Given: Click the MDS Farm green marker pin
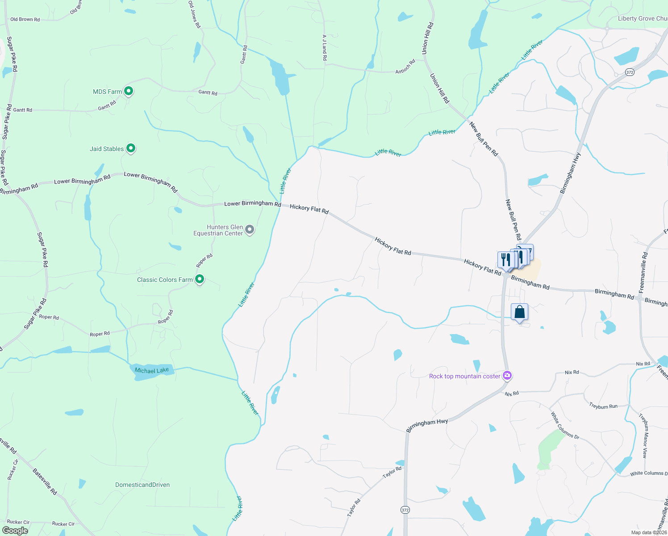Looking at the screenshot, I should pyautogui.click(x=128, y=91).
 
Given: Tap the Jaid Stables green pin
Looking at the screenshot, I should pyautogui.click(x=130, y=148).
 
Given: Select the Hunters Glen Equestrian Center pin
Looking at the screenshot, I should pyautogui.click(x=250, y=230).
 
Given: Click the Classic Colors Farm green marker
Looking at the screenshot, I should pyautogui.click(x=200, y=279).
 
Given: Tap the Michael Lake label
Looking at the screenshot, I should pyautogui.click(x=152, y=370).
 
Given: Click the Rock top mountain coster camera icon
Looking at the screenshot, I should pyautogui.click(x=507, y=375).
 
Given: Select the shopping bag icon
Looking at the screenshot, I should pyautogui.click(x=519, y=312).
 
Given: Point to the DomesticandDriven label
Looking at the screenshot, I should pyautogui.click(x=142, y=485).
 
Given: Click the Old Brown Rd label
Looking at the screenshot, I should pyautogui.click(x=25, y=20).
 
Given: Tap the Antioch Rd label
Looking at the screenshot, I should pyautogui.click(x=405, y=67).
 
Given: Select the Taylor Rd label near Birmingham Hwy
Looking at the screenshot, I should pyautogui.click(x=392, y=472).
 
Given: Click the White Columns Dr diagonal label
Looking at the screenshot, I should pyautogui.click(x=565, y=425).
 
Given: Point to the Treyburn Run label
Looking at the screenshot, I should pyautogui.click(x=603, y=406).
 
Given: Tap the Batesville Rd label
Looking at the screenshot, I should pyautogui.click(x=45, y=481).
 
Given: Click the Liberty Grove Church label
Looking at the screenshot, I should pyautogui.click(x=642, y=19).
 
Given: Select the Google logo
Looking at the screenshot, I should pyautogui.click(x=15, y=531).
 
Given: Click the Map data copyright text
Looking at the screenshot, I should pyautogui.click(x=649, y=532).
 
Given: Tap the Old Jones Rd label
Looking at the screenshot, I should pyautogui.click(x=194, y=15).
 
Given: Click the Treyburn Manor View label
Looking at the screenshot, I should pyautogui.click(x=643, y=435).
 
